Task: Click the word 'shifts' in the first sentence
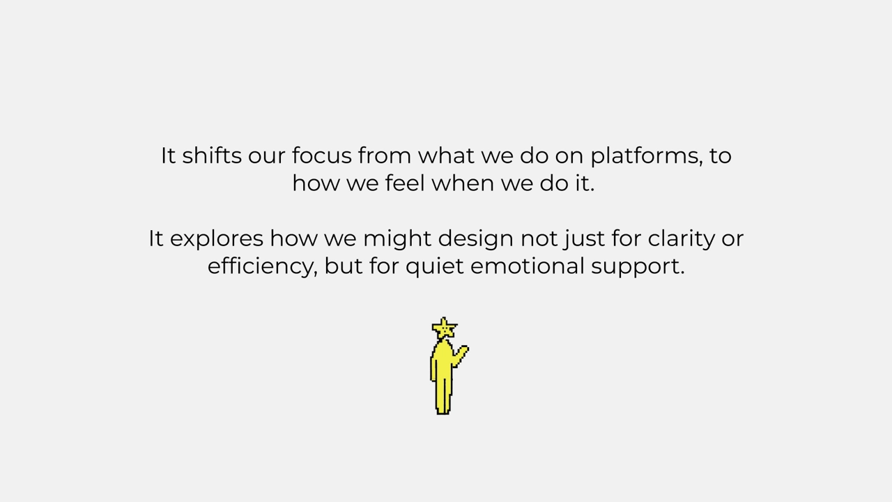[x=212, y=155]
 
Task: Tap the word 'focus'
[x=322, y=155]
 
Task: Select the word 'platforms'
[x=646, y=155]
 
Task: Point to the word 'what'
[x=446, y=155]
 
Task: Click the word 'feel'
[x=405, y=183]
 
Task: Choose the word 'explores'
[x=217, y=239]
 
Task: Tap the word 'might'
[x=397, y=239]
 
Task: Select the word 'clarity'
[x=682, y=239]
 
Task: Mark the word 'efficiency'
[x=263, y=267]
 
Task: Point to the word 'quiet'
[x=434, y=267]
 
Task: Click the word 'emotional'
[x=528, y=266]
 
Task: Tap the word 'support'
[x=638, y=267]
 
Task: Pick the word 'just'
[x=584, y=239]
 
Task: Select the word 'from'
[x=384, y=155]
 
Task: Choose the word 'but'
[x=344, y=266]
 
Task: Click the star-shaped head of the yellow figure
[x=444, y=328]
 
